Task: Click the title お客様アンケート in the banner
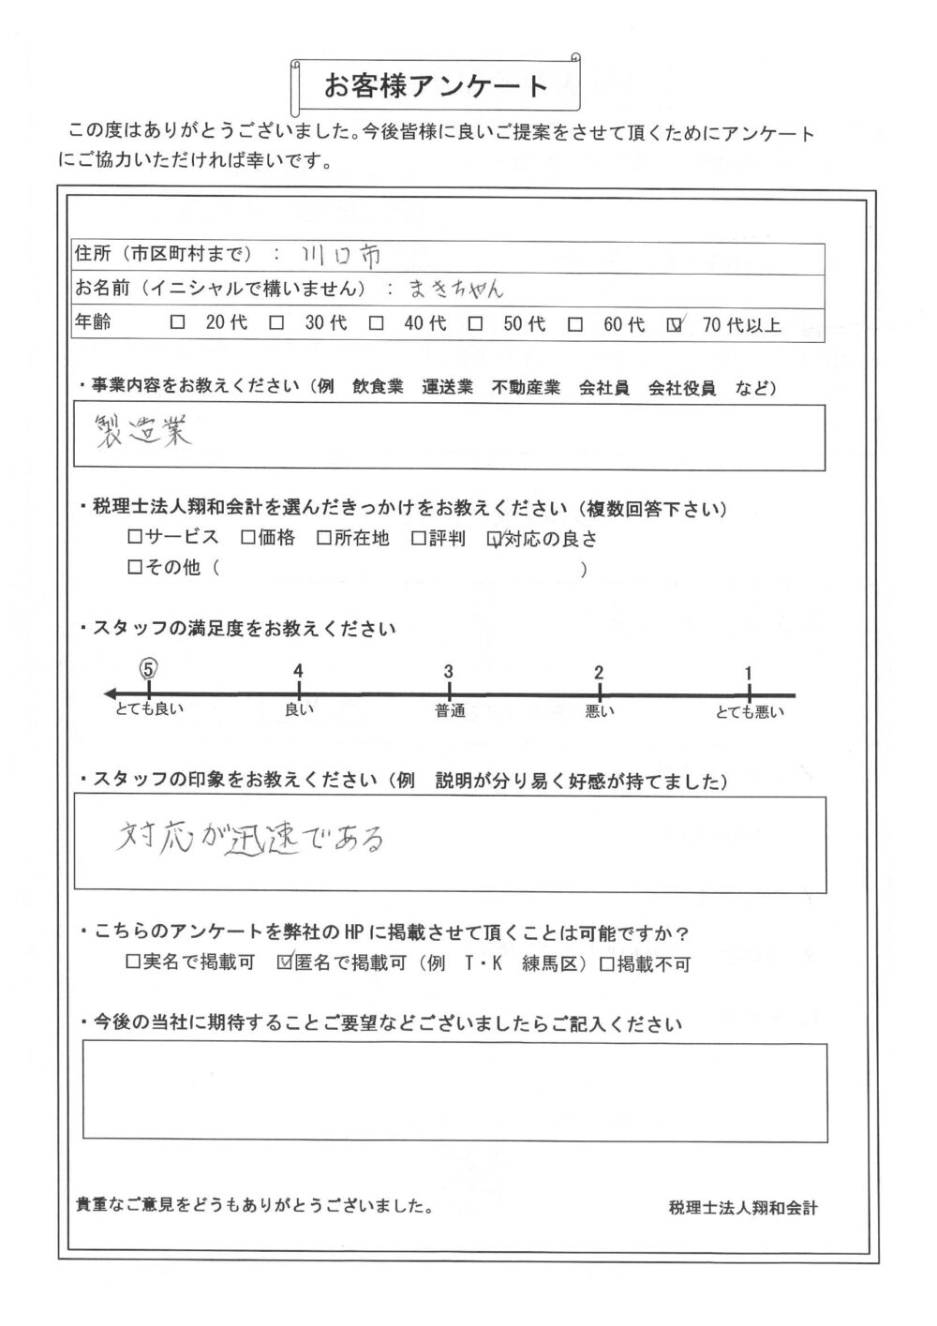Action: point(436,86)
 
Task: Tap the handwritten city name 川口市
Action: point(341,255)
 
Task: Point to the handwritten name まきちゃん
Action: point(455,290)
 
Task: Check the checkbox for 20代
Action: point(178,324)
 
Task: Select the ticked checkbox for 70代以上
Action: point(674,325)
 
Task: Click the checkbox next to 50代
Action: point(476,324)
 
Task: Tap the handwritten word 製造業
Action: point(143,434)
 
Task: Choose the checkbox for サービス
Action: point(134,538)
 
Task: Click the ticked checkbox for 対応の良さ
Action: point(495,539)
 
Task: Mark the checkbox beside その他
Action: point(134,567)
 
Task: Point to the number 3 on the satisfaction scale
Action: point(449,671)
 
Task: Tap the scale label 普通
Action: point(450,711)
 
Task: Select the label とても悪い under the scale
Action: point(749,712)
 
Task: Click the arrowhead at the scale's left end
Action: point(111,693)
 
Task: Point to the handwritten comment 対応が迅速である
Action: point(250,837)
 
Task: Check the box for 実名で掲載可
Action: point(132,962)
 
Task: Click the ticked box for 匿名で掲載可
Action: point(285,962)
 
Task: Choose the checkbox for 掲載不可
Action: point(606,963)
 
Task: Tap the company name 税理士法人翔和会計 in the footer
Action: point(743,1209)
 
